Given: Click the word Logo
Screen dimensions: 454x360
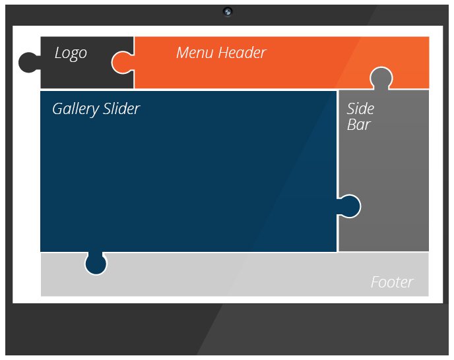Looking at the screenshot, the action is [71, 53].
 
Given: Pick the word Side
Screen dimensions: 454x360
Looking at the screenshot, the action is [360, 109].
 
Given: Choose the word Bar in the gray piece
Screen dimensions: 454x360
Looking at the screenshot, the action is [358, 125].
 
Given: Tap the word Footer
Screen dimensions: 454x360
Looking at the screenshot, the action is [392, 283].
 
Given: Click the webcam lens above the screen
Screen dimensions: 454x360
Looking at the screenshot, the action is [228, 11].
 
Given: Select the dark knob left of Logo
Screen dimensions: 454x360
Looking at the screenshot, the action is [28, 63].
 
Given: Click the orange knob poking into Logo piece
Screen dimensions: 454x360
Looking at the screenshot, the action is [121, 63].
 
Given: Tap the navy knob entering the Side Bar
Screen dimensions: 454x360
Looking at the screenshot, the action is [350, 206].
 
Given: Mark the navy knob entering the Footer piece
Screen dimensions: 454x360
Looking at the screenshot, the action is [96, 264].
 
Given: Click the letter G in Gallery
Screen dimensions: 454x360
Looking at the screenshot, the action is [58, 109].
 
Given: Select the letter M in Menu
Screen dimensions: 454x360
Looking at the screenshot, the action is [183, 53].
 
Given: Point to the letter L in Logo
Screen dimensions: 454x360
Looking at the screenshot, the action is [59, 53].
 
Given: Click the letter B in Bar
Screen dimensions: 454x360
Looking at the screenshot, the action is [352, 125].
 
